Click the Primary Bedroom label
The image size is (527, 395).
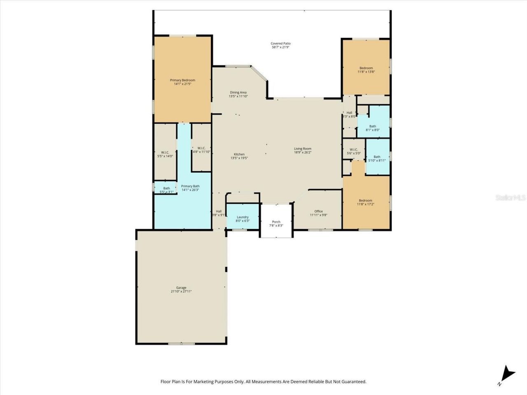pos(182,82)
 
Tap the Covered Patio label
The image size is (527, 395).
pos(280,45)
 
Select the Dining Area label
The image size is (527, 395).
pos(238,94)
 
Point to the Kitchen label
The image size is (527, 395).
pos(239,156)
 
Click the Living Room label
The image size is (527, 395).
pos(302,151)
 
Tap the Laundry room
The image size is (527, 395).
pos(243,218)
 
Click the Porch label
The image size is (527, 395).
pos(276,223)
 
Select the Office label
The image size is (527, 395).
pos(318,213)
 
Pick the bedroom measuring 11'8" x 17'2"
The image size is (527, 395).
pos(366,202)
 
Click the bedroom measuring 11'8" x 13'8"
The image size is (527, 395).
pos(366,70)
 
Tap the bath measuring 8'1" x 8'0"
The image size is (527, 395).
pos(373,128)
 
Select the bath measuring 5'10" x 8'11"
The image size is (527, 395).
pos(377,158)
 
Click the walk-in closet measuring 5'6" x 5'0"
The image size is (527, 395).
pos(354,151)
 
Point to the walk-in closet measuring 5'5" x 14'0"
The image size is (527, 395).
pos(165,154)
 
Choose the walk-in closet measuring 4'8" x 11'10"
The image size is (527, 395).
pos(201,150)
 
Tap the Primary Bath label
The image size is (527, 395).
pos(190,188)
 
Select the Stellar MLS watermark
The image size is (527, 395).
pos(510,198)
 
